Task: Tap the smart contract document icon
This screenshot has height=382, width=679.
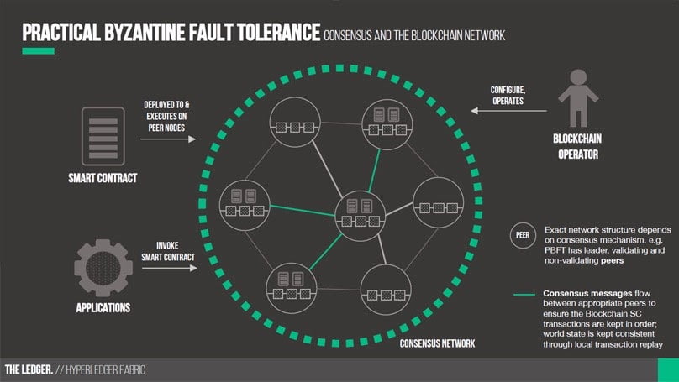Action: click(x=102, y=137)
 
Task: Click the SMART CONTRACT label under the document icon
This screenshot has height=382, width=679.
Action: click(x=103, y=178)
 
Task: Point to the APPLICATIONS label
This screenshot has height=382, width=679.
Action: click(x=103, y=308)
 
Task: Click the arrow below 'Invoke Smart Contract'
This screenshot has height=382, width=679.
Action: click(x=169, y=269)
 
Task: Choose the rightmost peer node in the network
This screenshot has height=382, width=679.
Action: click(x=437, y=201)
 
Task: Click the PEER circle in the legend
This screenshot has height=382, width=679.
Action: click(x=522, y=236)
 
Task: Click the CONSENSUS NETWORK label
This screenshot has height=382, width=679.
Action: click(x=437, y=343)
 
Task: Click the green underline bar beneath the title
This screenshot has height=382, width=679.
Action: click(x=38, y=52)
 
